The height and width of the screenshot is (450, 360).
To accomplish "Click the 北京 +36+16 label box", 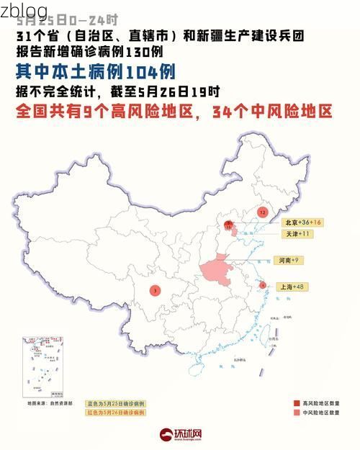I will pyautogui.click(x=302, y=222).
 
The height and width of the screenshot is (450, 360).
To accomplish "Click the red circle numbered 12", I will pyautogui.click(x=263, y=213).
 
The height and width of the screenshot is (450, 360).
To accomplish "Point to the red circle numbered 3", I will pyautogui.click(x=156, y=290).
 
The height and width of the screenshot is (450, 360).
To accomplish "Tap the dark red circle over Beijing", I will pyautogui.click(x=229, y=226).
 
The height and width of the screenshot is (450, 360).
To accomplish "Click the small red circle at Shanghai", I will pyautogui.click(x=263, y=285).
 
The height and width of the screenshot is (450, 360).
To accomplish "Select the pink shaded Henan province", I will pyautogui.click(x=216, y=272).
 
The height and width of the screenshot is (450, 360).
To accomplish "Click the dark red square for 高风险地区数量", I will pyautogui.click(x=296, y=402).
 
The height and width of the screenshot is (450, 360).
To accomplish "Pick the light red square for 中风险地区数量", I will pyautogui.click(x=296, y=413).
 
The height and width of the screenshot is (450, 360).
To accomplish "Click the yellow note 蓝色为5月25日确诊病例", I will pyautogui.click(x=115, y=403).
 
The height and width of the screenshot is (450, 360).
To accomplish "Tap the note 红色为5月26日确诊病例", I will pyautogui.click(x=115, y=413).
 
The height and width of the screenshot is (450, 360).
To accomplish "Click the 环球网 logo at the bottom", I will pyautogui.click(x=181, y=435).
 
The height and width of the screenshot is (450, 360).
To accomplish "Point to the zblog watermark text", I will pyautogui.click(x=24, y=11).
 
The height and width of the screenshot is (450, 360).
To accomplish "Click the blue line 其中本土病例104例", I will pyautogui.click(x=96, y=72).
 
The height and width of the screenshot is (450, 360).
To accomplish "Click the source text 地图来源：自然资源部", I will pyautogui.click(x=50, y=404).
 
